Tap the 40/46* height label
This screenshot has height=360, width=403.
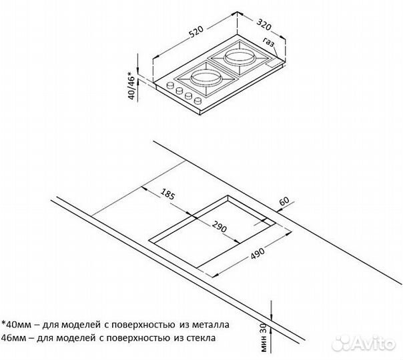click(132, 87)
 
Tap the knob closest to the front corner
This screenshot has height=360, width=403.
click(197, 101)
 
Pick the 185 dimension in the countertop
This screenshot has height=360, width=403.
click(167, 196)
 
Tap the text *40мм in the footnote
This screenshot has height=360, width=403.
click(21, 325)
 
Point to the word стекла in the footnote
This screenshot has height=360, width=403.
click(196, 338)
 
